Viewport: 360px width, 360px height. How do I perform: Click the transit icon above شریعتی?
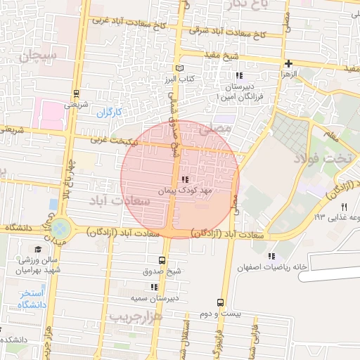coord(75,94)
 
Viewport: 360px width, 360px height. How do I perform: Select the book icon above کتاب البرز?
coord(179,69)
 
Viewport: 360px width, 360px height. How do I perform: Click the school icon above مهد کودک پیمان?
coord(185,180)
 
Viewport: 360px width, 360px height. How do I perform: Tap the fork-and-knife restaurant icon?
coord(344,206)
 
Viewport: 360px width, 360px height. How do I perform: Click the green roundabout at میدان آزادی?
coord(60,228)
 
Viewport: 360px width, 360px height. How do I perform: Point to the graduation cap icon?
coord(38,249)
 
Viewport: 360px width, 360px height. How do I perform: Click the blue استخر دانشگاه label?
coord(31,298)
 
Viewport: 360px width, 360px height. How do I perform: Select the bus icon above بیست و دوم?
coord(221,302)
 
